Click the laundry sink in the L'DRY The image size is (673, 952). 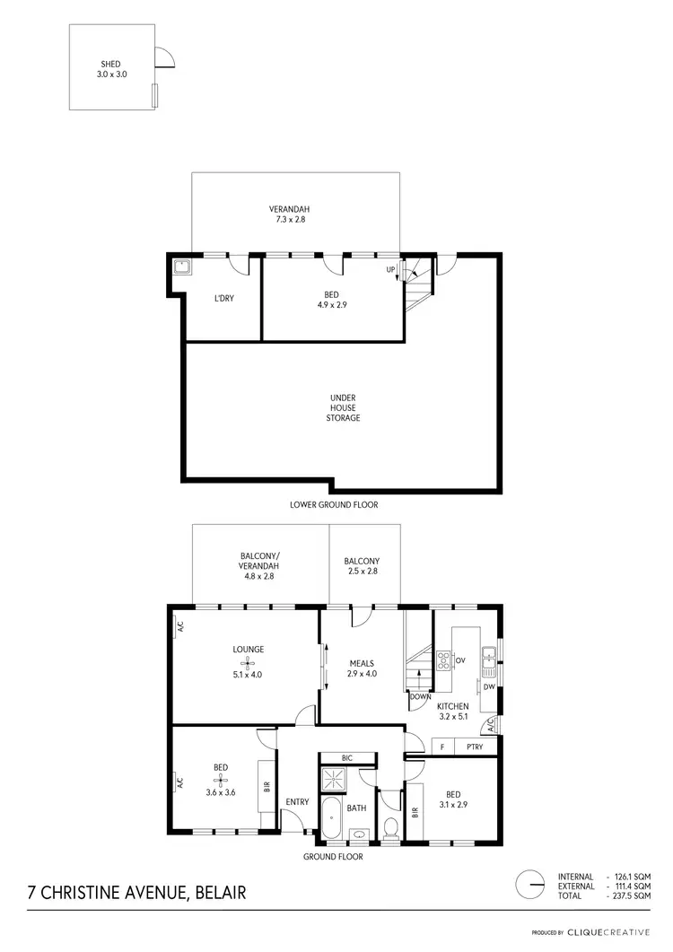coord(182,266)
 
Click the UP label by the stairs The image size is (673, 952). coord(390,269)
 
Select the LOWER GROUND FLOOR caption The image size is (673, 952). coord(334,505)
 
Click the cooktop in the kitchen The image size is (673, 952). coord(443,661)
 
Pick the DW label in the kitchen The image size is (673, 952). coord(489,688)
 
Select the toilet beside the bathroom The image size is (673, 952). coord(390,826)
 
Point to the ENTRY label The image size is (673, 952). coord(296,802)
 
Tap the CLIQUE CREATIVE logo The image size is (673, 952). coord(618,933)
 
